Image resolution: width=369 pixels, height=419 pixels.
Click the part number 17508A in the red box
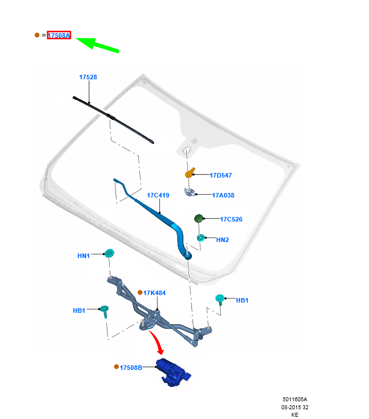[59, 35]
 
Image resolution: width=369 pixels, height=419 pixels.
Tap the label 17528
[88, 77]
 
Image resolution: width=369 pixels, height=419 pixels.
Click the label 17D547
[220, 175]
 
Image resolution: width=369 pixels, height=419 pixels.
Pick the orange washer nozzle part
[190, 172]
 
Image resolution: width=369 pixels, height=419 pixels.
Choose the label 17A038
[223, 195]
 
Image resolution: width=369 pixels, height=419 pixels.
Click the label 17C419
[158, 195]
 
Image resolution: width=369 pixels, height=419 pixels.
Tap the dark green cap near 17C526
[199, 218]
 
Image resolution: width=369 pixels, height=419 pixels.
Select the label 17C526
[231, 219]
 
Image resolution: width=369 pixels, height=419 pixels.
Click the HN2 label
[222, 240]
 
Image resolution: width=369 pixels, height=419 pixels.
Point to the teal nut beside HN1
[109, 254]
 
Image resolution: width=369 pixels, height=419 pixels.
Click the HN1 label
[83, 256]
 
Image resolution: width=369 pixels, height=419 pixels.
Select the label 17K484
[154, 293]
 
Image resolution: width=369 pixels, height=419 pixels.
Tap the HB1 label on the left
[79, 311]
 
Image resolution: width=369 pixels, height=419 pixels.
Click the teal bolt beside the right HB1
[219, 299]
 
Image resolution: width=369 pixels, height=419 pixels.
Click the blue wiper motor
[174, 372]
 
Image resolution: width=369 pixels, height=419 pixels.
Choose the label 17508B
[131, 367]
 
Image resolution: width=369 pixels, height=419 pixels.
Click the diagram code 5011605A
[295, 400]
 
